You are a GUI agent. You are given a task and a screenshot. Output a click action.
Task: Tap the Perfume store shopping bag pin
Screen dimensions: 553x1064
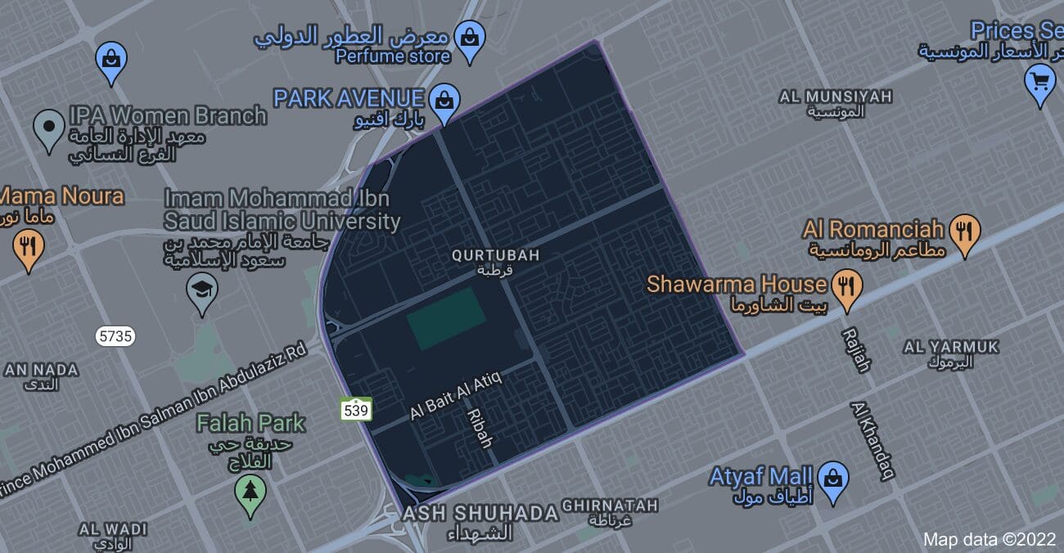[x=470, y=39]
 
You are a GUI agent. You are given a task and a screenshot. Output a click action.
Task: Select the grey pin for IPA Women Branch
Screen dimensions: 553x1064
[x=49, y=128]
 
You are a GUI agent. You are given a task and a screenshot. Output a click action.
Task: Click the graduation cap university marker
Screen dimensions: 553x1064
[x=201, y=291]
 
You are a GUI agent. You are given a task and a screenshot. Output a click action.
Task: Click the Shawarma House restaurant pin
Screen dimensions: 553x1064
[x=846, y=288]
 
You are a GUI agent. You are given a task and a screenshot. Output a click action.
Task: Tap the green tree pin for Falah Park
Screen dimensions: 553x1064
[x=250, y=492]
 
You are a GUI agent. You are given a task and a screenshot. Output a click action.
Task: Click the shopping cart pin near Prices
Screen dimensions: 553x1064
[x=1039, y=83]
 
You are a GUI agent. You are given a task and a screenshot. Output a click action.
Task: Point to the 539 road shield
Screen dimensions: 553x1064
[x=357, y=409]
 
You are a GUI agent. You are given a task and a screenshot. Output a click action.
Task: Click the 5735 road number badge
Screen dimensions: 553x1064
[x=115, y=335]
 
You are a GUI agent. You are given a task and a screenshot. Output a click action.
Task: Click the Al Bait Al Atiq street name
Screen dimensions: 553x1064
[x=455, y=393]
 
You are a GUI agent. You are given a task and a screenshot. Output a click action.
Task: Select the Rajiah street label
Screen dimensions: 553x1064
[x=856, y=350]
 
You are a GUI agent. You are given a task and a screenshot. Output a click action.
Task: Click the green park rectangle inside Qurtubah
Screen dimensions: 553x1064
[x=447, y=318]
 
